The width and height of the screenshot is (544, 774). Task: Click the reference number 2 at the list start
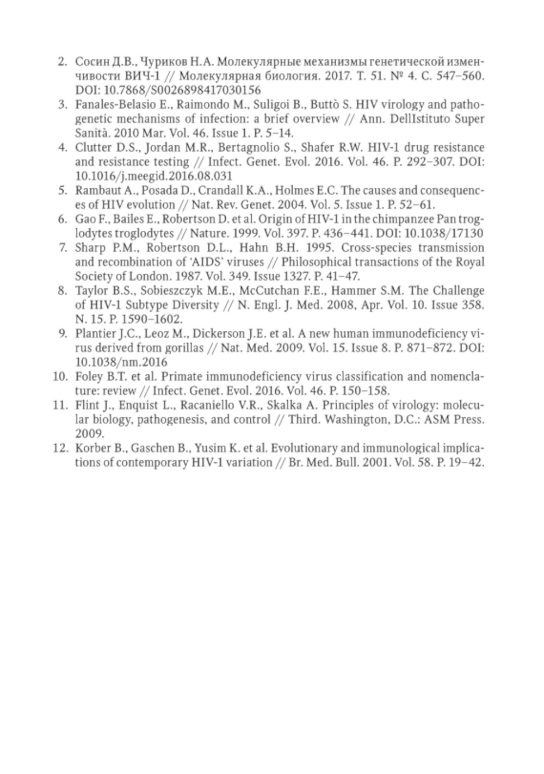coord(62,61)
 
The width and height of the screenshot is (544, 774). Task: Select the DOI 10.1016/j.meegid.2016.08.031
coord(153,176)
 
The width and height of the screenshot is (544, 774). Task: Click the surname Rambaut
coord(94,190)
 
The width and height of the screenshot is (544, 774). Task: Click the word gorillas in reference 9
coord(182,348)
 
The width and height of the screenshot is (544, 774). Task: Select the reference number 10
coord(60,376)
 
